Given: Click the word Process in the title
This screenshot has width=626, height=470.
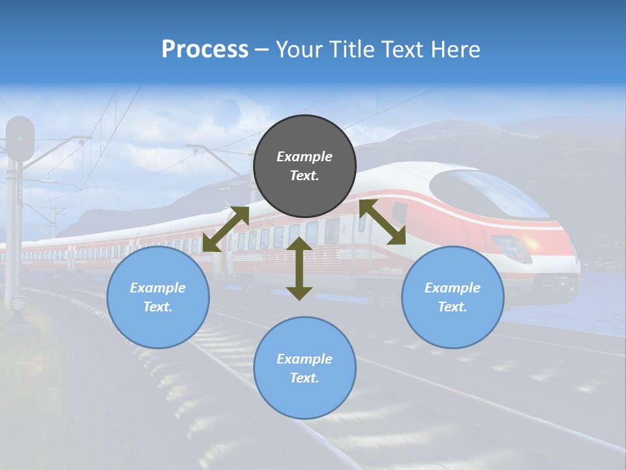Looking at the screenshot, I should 205,50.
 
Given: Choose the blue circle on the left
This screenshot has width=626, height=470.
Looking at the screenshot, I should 158,297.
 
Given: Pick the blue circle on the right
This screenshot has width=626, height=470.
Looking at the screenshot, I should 453,297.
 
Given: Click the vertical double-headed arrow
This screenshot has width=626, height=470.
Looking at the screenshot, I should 299,268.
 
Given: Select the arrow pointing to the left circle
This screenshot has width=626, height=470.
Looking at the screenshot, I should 226,229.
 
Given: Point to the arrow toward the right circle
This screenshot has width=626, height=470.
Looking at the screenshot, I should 382,222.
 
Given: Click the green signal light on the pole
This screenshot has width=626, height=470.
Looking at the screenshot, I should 20,138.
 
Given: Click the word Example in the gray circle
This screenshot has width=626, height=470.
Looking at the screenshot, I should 305,157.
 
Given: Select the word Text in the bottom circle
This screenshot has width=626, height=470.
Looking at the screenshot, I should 305,378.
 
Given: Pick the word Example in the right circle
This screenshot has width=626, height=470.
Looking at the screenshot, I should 453,288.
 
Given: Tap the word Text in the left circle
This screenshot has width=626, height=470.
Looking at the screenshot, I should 158,307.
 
